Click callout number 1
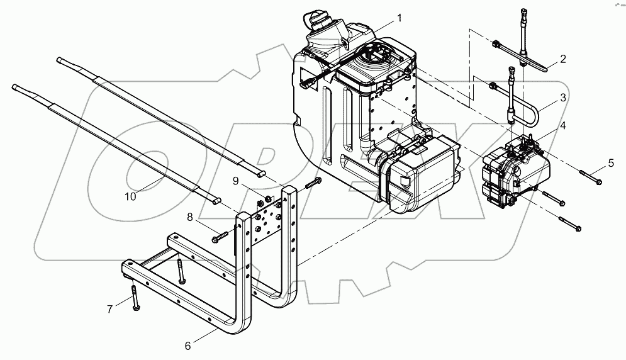(x=399, y=15)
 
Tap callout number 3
(x=563, y=98)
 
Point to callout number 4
(x=563, y=125)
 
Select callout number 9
(x=236, y=181)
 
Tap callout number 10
(x=130, y=196)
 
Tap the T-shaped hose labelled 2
(x=523, y=55)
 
